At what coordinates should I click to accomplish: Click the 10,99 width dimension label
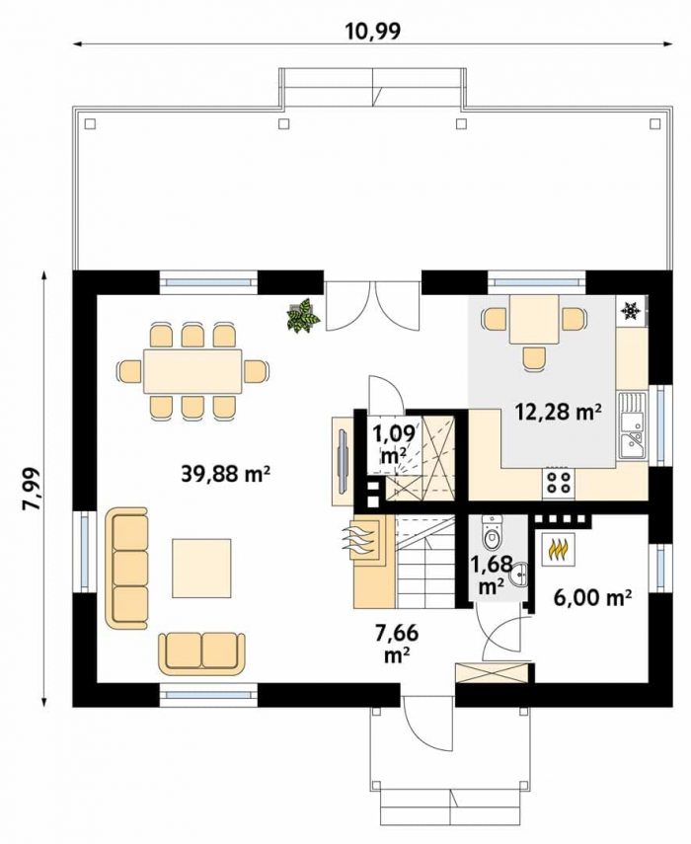click(374, 32)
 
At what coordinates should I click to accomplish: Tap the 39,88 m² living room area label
click(225, 474)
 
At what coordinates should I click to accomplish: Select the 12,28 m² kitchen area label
click(558, 413)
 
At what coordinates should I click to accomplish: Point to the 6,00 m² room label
click(592, 597)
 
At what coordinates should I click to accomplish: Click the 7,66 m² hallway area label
click(397, 643)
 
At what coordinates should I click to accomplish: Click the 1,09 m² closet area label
click(394, 444)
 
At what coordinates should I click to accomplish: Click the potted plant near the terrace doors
click(304, 316)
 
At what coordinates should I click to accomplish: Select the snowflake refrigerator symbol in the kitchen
click(630, 311)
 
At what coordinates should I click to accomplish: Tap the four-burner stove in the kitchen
click(558, 483)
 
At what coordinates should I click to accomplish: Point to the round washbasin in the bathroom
click(519, 575)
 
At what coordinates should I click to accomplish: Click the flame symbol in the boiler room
click(558, 550)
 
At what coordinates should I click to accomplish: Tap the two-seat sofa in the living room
click(201, 652)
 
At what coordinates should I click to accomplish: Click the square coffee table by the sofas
click(201, 568)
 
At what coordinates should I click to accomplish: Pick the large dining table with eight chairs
click(192, 371)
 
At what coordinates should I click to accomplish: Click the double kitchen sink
click(631, 425)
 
